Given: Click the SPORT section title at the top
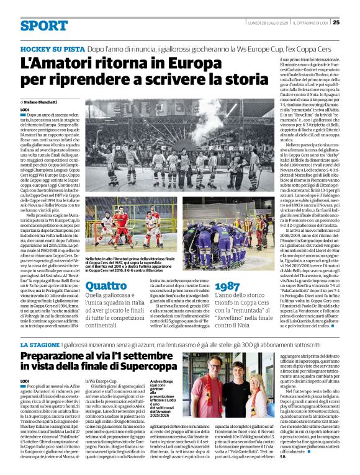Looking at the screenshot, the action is coord(43,25).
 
